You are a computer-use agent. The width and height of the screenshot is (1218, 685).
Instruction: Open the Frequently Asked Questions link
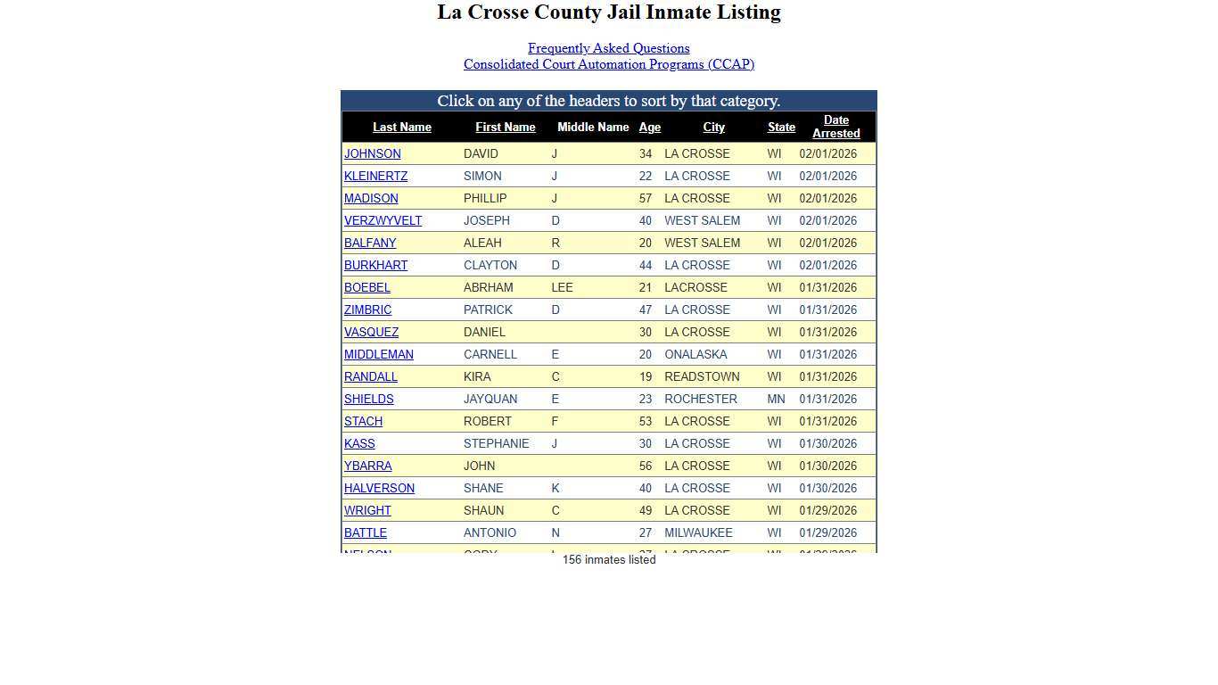[608, 48]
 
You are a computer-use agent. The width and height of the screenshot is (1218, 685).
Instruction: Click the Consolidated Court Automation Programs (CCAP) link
[608, 64]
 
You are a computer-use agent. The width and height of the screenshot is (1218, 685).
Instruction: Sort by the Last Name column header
[401, 128]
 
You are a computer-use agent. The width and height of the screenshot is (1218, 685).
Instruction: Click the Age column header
[649, 128]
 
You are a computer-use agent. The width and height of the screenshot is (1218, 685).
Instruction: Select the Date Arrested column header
[835, 127]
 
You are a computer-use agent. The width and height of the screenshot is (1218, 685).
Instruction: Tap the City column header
[713, 128]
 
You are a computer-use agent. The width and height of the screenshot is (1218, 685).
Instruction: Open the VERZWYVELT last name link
[383, 220]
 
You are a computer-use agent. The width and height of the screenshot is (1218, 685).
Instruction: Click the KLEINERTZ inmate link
[375, 176]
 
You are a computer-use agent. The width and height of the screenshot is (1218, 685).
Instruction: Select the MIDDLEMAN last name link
[378, 354]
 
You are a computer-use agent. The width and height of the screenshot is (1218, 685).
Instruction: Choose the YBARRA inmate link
[367, 466]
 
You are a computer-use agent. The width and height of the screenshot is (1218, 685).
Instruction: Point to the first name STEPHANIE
[496, 443]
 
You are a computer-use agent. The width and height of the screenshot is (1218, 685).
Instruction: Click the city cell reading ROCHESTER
[700, 399]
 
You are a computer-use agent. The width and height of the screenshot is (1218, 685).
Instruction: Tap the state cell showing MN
[776, 399]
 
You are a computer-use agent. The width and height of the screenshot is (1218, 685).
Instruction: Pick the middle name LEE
[562, 287]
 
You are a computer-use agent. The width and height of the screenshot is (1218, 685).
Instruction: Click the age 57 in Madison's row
[645, 198]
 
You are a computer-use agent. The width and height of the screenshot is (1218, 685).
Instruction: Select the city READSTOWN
[702, 376]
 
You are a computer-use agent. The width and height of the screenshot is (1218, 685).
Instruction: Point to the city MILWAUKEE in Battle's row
[698, 532]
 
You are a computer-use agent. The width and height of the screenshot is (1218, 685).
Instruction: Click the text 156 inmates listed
[609, 560]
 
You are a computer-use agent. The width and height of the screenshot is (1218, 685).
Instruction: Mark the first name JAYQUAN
[490, 399]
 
